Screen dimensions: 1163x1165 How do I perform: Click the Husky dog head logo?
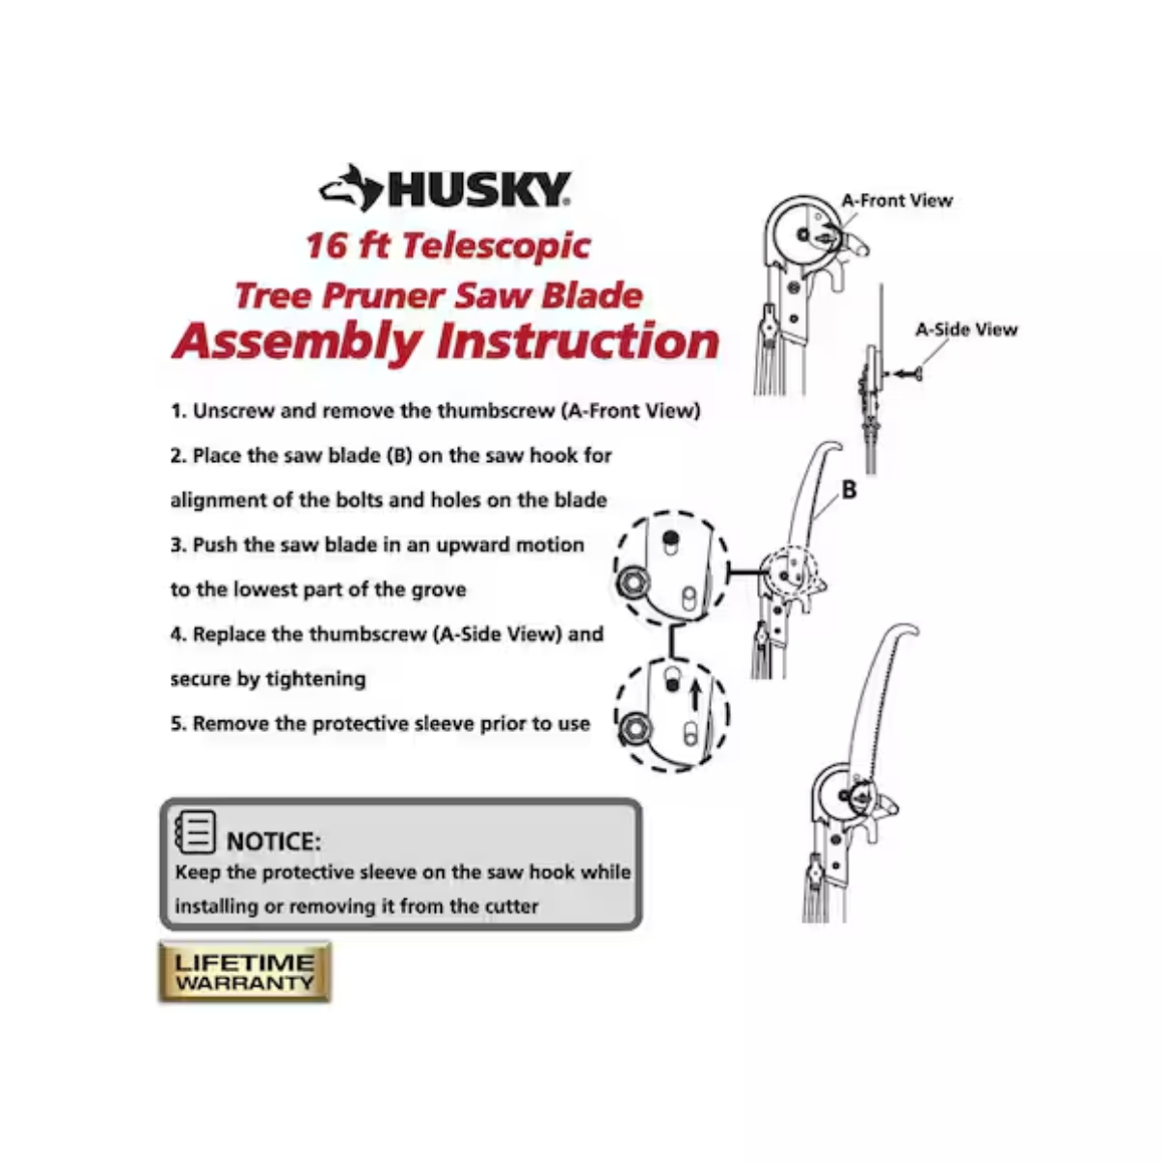coord(351,188)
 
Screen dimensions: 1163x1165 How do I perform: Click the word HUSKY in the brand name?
coord(477,190)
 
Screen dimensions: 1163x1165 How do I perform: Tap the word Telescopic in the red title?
coord(496,247)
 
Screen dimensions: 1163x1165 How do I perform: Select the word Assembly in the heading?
coord(297,342)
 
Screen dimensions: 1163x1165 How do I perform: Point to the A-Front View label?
coord(897,201)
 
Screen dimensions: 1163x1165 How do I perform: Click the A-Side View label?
coord(966,330)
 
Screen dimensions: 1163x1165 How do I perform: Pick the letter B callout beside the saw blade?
coord(850,490)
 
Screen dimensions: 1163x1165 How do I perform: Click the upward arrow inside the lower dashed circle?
coord(696,694)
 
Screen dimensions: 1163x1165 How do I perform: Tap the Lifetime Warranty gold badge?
coord(245,972)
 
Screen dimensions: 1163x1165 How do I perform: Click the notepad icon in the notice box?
coord(195,832)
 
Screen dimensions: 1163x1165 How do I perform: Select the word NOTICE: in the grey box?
coord(273,842)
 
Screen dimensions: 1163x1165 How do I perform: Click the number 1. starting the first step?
coord(178,411)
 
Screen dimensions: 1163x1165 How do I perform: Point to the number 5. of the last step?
coord(178,723)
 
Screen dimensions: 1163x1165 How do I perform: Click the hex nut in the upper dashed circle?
coord(633,583)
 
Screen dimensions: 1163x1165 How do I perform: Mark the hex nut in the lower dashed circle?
coord(634,728)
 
